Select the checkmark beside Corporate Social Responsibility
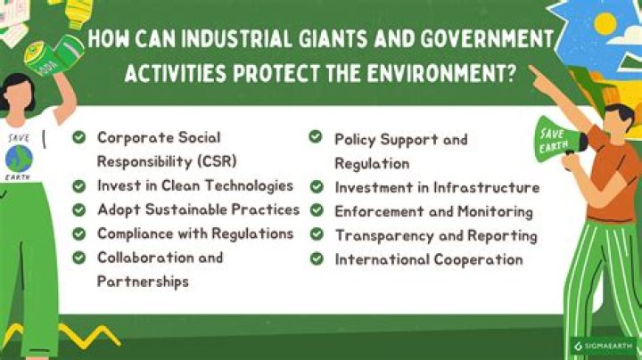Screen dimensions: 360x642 [79, 138]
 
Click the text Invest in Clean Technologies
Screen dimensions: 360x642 [195, 185]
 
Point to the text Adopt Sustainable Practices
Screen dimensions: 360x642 [198, 209]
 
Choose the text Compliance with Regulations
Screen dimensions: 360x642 [195, 233]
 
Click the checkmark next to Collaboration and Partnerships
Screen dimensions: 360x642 [79, 258]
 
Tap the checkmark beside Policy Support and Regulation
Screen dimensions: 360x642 [316, 137]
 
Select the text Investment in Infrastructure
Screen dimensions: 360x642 [437, 187]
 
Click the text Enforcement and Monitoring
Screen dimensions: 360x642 [433, 211]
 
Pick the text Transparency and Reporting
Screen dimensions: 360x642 [436, 235]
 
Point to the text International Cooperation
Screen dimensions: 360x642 [428, 259]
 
